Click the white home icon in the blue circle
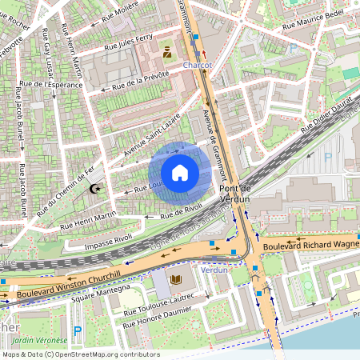point(180,173)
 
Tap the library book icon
point(176,279)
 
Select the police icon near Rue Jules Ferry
point(167,53)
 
